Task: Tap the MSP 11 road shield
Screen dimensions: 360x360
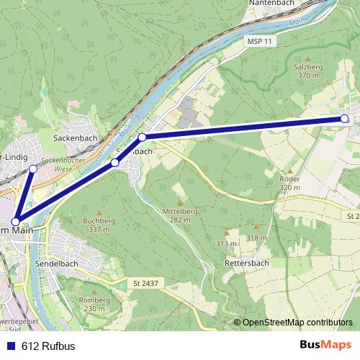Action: click(258, 42)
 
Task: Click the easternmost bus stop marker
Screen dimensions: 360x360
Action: click(344, 118)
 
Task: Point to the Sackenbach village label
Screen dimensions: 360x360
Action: click(75, 136)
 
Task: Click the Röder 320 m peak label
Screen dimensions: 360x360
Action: click(289, 182)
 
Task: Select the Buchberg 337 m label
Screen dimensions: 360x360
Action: click(99, 225)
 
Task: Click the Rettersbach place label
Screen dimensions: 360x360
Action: click(247, 263)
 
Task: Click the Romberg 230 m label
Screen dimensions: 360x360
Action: click(94, 303)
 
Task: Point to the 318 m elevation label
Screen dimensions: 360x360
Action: click(256, 238)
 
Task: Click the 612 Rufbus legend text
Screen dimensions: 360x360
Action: click(48, 346)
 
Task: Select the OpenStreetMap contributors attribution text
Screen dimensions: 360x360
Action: click(297, 323)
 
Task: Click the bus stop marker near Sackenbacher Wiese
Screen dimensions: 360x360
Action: click(33, 168)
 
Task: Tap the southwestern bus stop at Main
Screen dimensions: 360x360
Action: click(16, 222)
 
